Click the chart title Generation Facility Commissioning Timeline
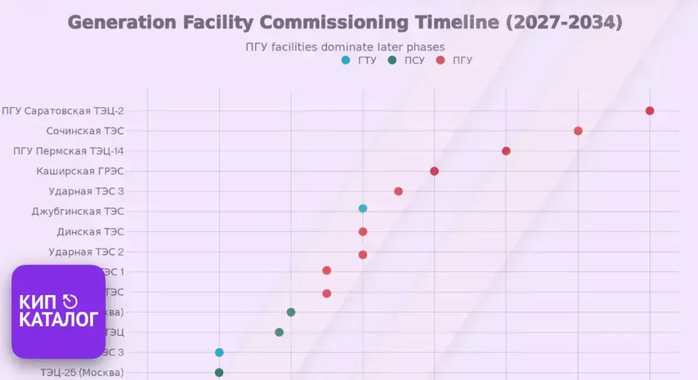point(344,22)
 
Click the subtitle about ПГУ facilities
point(345,47)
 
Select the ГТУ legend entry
point(360,61)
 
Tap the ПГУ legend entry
point(454,61)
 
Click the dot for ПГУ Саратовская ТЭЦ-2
point(650,111)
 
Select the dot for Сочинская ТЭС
point(578,131)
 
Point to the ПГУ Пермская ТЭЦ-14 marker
point(506,151)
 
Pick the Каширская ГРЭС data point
point(434,172)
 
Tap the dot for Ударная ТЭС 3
point(399,192)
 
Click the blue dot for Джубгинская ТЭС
point(363,208)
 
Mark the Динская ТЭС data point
point(363,231)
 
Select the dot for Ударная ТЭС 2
point(363,254)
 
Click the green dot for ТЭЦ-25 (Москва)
point(219,372)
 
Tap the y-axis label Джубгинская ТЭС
point(77,211)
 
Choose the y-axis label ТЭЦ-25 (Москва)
point(82,372)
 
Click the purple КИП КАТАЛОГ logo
point(59,312)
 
